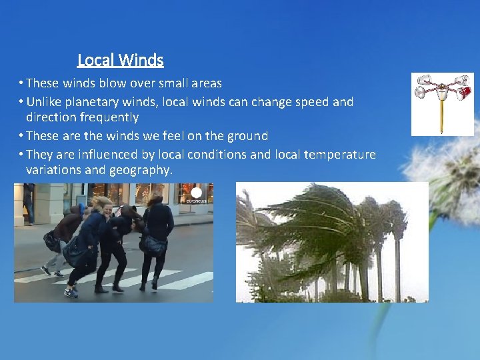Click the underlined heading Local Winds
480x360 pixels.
(121, 60)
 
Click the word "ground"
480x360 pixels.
(246, 136)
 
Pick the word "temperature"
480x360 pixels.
(339, 155)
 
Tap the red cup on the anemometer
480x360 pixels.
(465, 91)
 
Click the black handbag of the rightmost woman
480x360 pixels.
(153, 245)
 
